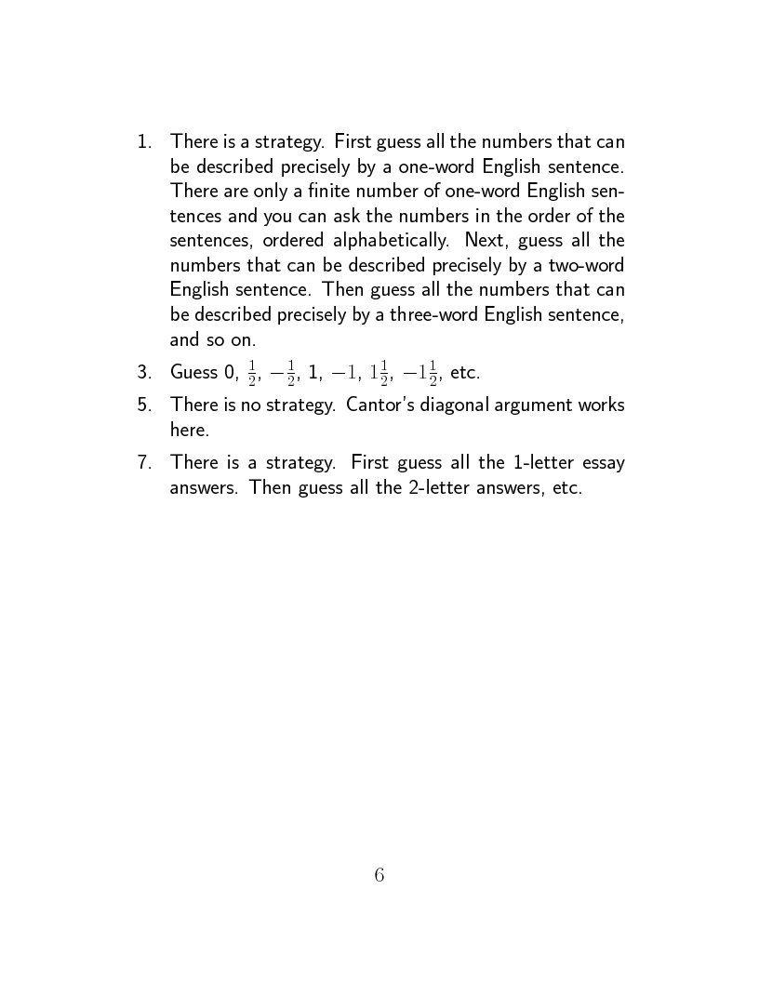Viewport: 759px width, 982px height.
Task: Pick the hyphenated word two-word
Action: tap(589, 264)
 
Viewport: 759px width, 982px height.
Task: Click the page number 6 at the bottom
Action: tap(379, 875)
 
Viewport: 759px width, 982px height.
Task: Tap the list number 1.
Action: tap(143, 142)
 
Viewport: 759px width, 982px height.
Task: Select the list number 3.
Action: tap(143, 373)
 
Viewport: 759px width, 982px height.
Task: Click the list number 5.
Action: tap(143, 405)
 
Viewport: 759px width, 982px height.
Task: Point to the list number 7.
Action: tap(143, 462)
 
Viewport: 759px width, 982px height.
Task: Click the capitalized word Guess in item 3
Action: tap(193, 373)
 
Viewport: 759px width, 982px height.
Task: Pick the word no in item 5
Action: tap(243, 405)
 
